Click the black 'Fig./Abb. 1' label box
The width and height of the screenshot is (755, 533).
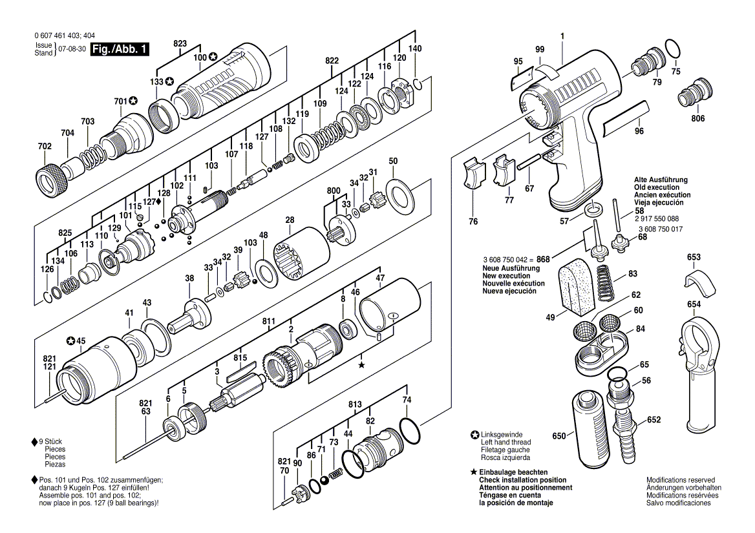[120, 49]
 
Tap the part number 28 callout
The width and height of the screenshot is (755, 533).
[290, 220]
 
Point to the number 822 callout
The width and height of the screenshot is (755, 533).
[332, 60]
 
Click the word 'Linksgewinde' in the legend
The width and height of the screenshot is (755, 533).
[502, 434]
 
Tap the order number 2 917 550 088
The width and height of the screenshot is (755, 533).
[656, 218]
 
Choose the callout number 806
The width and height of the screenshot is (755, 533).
[697, 119]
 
